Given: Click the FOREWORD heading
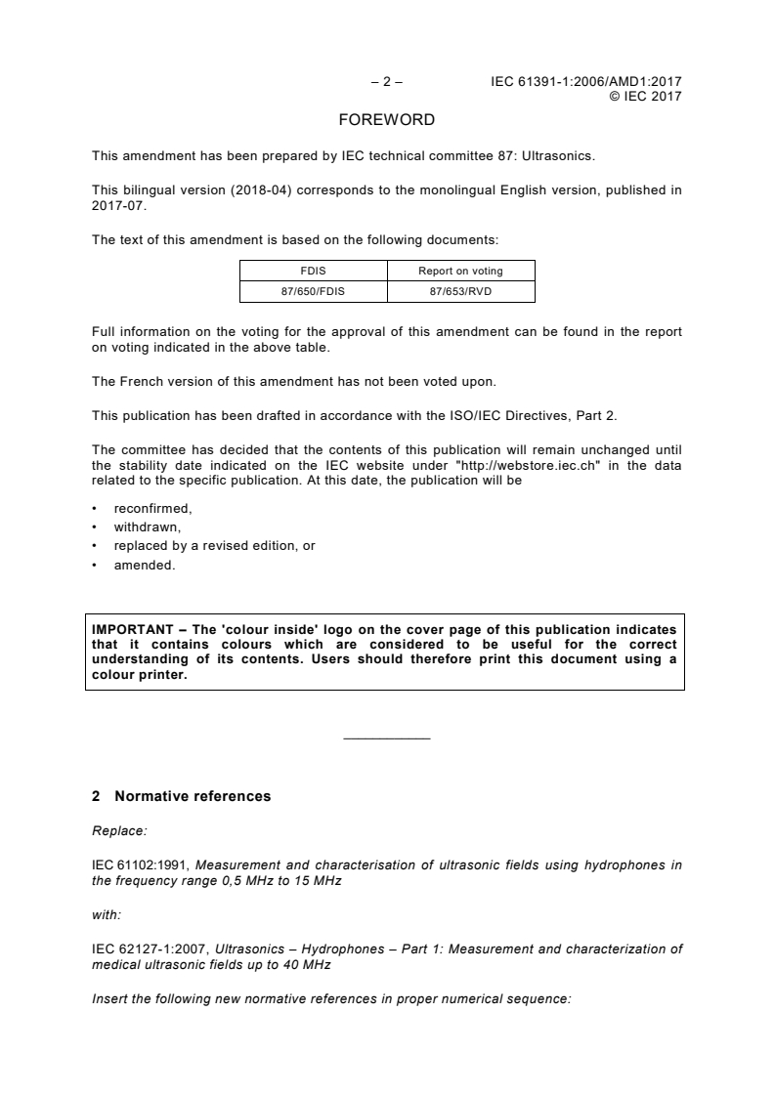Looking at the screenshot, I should point(386,120).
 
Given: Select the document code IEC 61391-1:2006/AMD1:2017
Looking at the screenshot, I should point(585,82).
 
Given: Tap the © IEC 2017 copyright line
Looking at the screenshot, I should point(645,96).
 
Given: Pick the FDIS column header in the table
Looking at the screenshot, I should point(314,271).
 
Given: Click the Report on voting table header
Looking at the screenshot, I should point(460,271).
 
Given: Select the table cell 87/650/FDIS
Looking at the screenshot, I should point(314,290).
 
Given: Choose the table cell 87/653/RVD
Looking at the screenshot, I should point(460,290).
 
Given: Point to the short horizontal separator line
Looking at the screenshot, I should point(387,738).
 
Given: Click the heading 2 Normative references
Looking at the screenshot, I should point(182,796).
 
